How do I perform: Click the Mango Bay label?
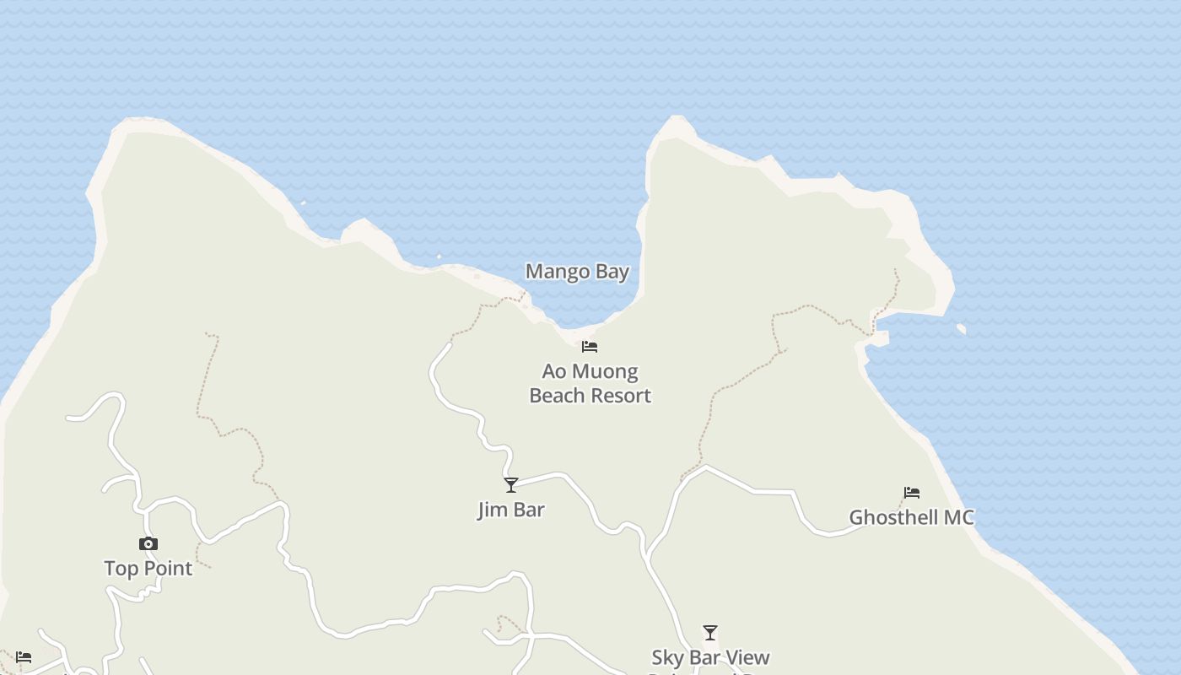[x=577, y=272]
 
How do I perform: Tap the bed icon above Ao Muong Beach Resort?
[x=590, y=346]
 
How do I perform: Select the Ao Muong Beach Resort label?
[x=590, y=383]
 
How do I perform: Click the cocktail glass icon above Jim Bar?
[x=510, y=484]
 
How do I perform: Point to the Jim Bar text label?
[x=510, y=510]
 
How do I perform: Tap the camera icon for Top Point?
[x=148, y=543]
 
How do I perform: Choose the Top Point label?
[x=148, y=569]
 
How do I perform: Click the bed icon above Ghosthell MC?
[x=911, y=493]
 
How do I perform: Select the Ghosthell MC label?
[x=911, y=517]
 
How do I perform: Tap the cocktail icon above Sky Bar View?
[x=710, y=632]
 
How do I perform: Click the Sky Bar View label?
[x=710, y=657]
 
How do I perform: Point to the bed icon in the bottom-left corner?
[x=24, y=656]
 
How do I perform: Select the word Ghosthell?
[x=892, y=517]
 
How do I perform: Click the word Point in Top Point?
[x=169, y=569]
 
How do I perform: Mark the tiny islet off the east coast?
[x=962, y=328]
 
